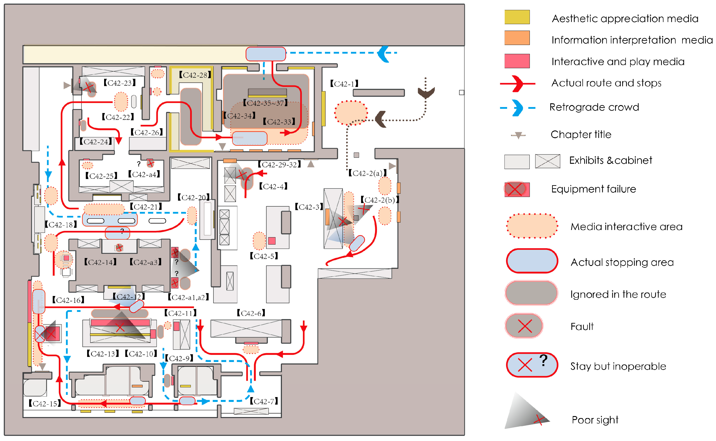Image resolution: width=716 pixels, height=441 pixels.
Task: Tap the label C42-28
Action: coord(195,75)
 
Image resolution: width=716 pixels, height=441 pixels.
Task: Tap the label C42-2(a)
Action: coord(367,173)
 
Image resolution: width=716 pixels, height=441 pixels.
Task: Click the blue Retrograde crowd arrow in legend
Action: coord(517,108)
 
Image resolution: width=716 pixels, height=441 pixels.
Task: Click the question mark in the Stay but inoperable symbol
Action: coord(543,360)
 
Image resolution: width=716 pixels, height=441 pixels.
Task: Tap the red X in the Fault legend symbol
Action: coord(525,326)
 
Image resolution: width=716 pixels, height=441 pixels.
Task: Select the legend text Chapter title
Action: coord(581,135)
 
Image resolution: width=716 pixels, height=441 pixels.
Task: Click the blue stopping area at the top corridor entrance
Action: coord(266,54)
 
